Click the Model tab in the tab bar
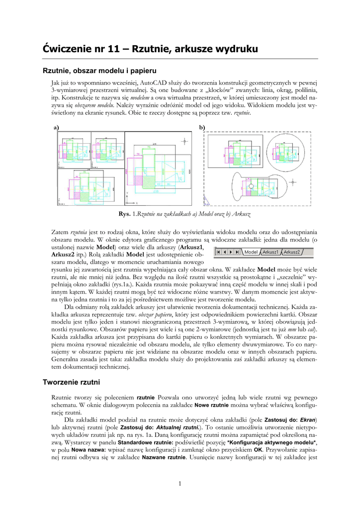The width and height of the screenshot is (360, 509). [251, 252]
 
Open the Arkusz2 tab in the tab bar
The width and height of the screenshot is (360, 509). [291, 252]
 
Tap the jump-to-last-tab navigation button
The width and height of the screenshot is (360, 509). [238, 252]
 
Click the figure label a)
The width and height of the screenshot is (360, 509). [56, 128]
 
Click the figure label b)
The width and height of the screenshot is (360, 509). [202, 128]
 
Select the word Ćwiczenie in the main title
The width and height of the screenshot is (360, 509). [69, 49]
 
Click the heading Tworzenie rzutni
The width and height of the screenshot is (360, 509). [72, 382]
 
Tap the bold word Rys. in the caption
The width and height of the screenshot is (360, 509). [124, 214]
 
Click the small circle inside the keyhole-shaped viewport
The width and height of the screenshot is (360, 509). [251, 186]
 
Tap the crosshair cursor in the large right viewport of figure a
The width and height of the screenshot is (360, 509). [186, 140]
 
